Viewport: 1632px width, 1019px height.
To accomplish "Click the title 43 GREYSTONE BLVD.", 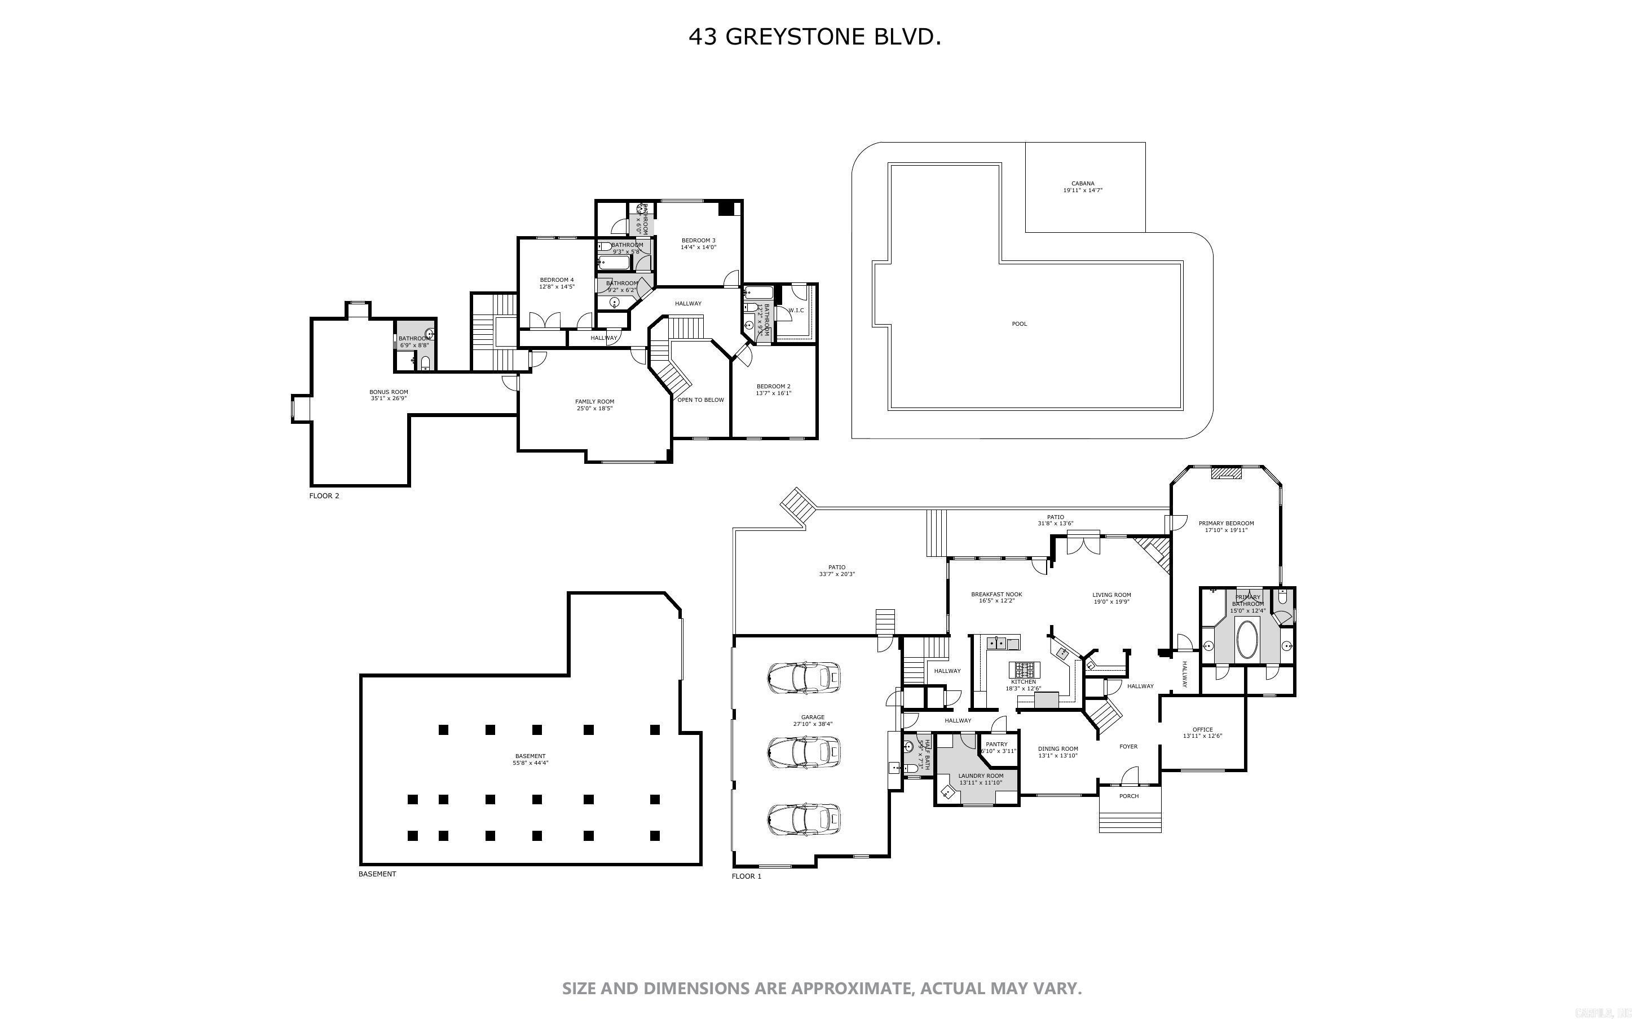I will coord(814,37).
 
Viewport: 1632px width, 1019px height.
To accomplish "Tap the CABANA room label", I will coord(1083,183).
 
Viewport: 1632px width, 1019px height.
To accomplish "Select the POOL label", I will coord(1019,324).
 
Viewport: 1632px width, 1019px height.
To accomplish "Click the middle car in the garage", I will coord(804,751).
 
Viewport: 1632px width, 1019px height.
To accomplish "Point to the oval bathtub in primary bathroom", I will coord(1247,640).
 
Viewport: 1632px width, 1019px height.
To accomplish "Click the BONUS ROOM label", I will coord(389,392).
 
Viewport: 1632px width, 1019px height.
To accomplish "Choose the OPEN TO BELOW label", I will coord(700,400).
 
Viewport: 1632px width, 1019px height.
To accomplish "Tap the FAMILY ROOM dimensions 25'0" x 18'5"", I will coord(594,409).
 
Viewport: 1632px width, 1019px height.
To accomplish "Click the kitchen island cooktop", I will coord(1025,670).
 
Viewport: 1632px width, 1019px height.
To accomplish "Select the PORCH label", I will coord(1128,796).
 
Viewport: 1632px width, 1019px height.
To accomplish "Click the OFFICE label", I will coord(1203,729).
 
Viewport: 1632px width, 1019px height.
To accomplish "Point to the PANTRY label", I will coord(996,744).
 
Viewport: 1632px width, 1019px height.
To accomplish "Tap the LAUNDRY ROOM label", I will coord(981,776).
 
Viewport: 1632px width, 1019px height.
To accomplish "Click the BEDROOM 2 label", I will coord(773,386).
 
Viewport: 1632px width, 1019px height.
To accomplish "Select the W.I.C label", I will coord(796,311).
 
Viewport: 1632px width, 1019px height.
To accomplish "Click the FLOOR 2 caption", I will coord(324,496).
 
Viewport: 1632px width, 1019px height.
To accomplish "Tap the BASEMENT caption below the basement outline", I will coord(377,874).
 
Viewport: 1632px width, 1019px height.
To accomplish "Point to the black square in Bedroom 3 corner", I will coord(726,208).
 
